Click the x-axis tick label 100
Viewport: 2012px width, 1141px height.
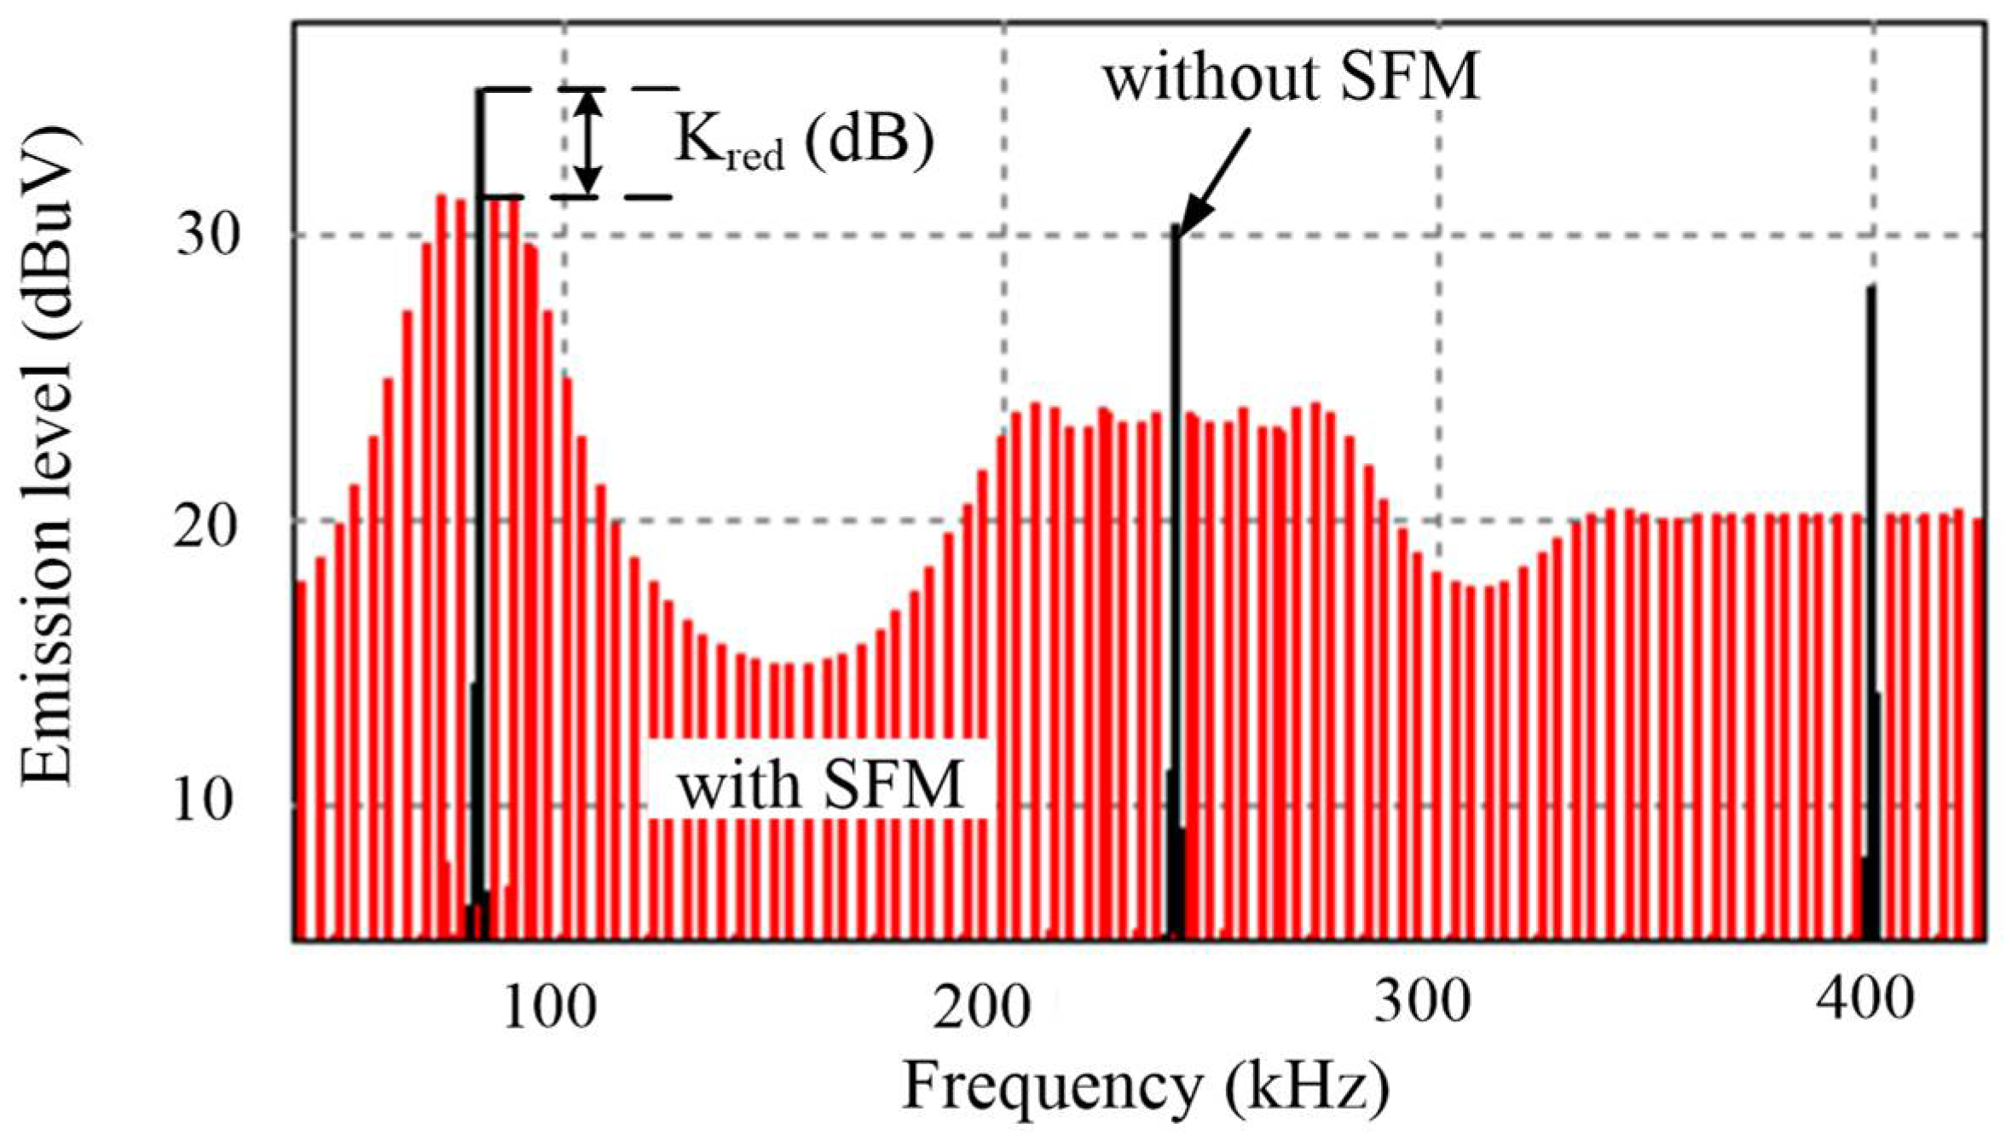coord(548,1008)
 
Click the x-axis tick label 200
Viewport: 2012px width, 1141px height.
coord(982,1008)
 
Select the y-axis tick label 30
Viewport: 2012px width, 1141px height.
coord(205,235)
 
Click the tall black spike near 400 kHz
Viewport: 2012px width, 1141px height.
coord(1871,512)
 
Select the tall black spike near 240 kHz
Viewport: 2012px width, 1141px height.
coord(1177,512)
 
